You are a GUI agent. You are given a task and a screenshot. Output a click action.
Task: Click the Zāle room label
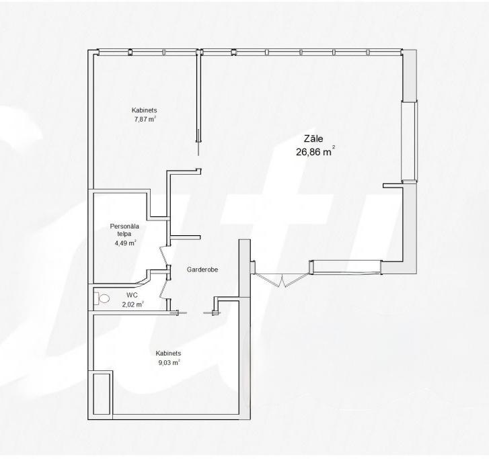pos(314,139)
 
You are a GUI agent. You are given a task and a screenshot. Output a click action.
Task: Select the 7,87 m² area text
pos(145,119)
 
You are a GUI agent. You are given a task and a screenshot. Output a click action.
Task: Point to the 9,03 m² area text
pos(168,362)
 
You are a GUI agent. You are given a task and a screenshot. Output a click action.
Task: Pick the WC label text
pos(132,295)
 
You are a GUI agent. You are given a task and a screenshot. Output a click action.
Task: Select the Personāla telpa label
pos(124,230)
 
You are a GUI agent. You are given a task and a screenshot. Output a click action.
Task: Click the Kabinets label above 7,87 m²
pos(145,110)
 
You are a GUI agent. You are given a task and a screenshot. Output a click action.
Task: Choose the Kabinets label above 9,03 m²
pos(168,353)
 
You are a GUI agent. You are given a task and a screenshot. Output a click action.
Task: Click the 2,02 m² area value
pos(133,304)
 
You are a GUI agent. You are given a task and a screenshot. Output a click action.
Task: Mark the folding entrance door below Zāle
pos(280,278)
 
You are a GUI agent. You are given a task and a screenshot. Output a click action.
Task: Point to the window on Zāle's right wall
pos(408,141)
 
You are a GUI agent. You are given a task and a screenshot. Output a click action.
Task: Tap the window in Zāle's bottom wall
pos(346,267)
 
